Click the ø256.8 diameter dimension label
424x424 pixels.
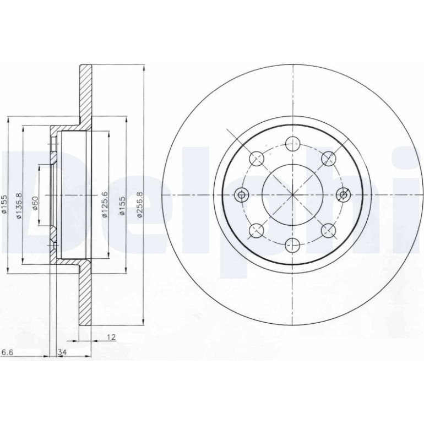[x=139, y=204]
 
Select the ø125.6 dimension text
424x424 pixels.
[x=105, y=204]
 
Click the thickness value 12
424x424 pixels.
[x=111, y=337]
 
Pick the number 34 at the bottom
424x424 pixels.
[x=62, y=352]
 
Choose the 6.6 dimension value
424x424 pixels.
[x=8, y=352]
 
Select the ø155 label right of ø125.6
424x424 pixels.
[x=122, y=204]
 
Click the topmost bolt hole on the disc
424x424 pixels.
[x=293, y=144]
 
